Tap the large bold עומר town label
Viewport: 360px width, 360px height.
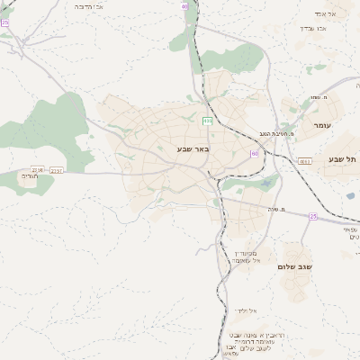click(x=321, y=126)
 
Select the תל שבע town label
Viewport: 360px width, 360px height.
click(x=342, y=159)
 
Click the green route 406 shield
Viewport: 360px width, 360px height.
click(x=208, y=120)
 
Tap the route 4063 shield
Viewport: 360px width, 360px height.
click(x=305, y=161)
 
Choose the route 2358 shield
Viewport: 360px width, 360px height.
click(x=38, y=168)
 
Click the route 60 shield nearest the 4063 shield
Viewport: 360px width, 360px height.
click(x=255, y=154)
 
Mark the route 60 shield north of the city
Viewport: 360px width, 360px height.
click(x=185, y=7)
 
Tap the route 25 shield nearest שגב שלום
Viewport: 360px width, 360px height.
click(x=312, y=216)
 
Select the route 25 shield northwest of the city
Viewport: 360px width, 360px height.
click(x=4, y=22)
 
